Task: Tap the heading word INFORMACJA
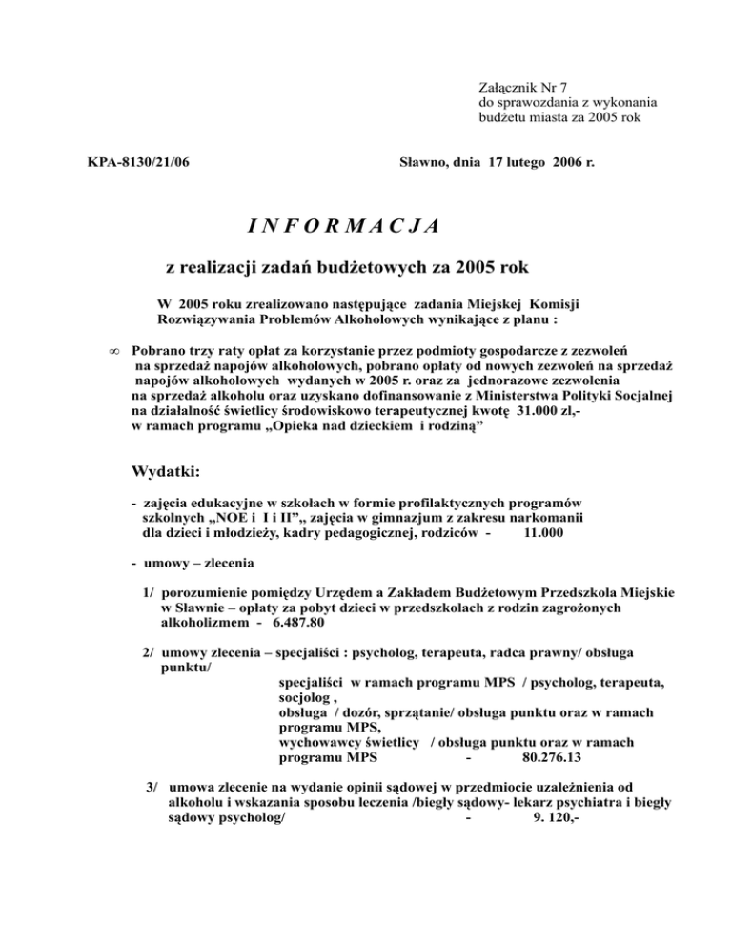click(341, 227)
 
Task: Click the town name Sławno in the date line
click(421, 164)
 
